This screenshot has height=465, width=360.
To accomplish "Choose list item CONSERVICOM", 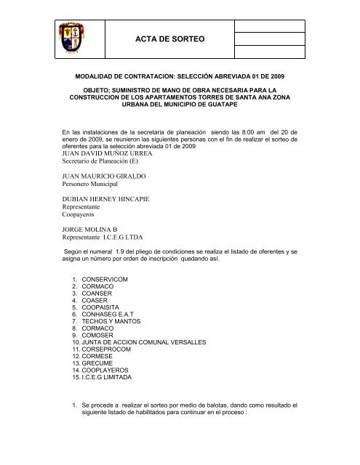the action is click(107, 278).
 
